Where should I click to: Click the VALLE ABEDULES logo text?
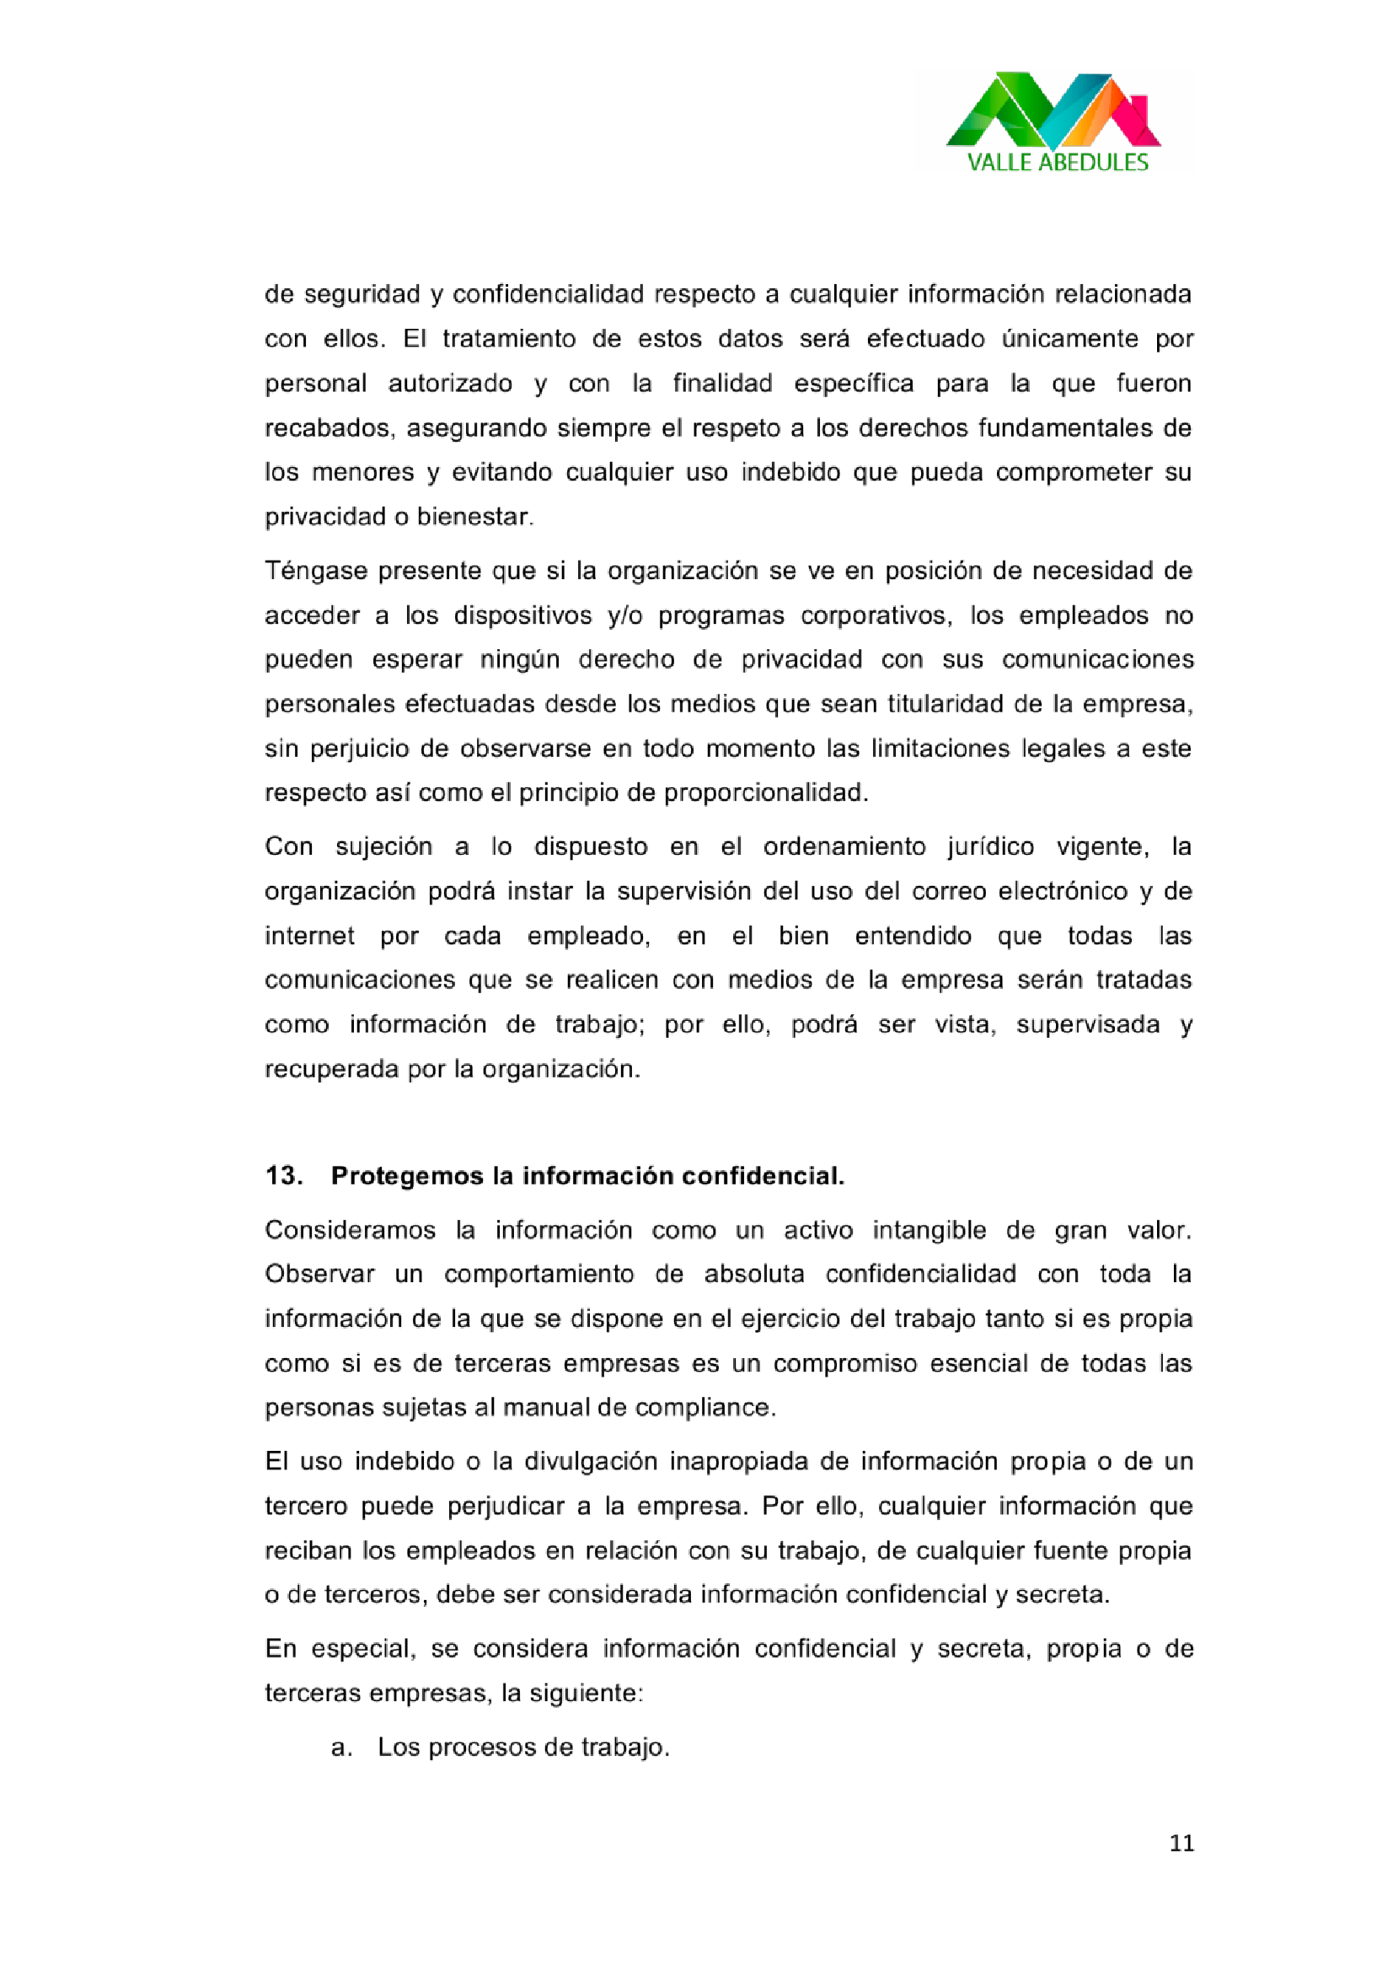1057,162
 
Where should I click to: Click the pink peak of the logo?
1131,115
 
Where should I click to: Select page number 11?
1181,1843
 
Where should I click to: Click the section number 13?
282,1175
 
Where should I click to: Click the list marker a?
340,1747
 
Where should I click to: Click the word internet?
309,935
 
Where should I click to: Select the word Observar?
319,1274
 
